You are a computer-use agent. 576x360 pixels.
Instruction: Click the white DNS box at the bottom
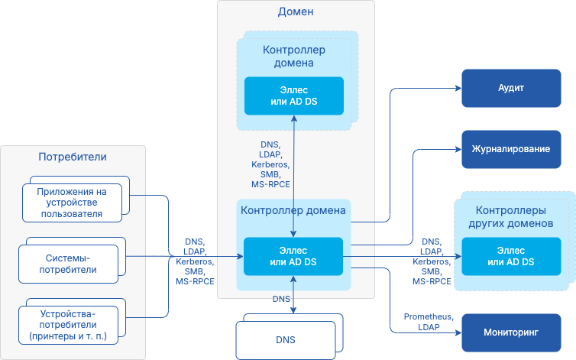click(x=285, y=339)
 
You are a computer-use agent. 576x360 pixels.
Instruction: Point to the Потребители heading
click(x=73, y=157)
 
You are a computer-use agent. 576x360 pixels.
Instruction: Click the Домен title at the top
click(x=296, y=12)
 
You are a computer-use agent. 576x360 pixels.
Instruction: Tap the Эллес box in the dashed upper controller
click(x=294, y=96)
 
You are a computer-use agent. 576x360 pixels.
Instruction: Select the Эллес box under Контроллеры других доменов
click(x=510, y=256)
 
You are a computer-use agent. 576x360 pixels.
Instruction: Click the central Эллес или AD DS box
click(x=294, y=256)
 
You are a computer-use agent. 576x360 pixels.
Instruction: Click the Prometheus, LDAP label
click(x=428, y=322)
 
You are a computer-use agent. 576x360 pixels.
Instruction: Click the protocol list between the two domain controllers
click(x=270, y=164)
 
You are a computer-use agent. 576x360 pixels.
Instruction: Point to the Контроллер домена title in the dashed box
click(x=294, y=57)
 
